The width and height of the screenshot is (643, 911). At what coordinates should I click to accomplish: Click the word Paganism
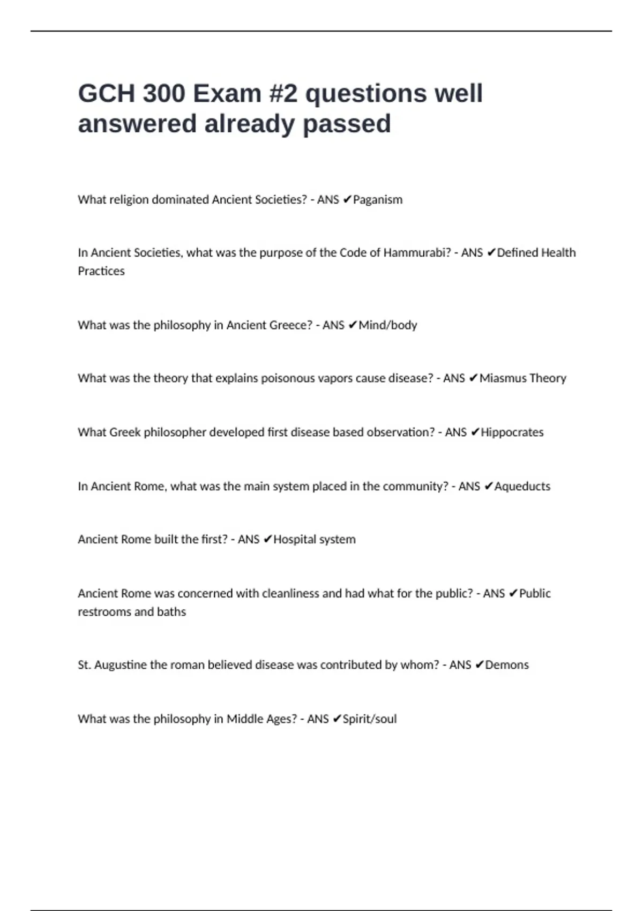click(x=378, y=200)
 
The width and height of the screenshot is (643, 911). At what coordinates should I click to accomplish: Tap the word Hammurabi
click(x=417, y=253)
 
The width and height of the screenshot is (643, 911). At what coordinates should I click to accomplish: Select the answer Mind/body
click(x=387, y=325)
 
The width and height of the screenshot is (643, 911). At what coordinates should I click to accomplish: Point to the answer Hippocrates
click(x=512, y=432)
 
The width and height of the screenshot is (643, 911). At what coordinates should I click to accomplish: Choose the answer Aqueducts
click(x=522, y=487)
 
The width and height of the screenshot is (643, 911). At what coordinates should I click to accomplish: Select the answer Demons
click(x=507, y=665)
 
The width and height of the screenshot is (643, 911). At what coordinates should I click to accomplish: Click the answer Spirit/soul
click(x=370, y=719)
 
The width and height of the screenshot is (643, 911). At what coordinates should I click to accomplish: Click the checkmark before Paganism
click(x=347, y=200)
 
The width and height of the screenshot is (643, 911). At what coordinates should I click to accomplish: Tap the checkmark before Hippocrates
click(x=474, y=432)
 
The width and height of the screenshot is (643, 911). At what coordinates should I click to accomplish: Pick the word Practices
click(x=101, y=271)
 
